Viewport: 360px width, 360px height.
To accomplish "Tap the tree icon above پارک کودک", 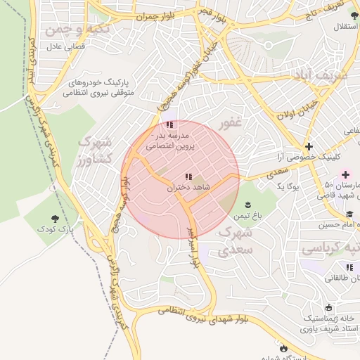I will click(x=56, y=218).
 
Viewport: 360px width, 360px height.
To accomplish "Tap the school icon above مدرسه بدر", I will click(x=170, y=124).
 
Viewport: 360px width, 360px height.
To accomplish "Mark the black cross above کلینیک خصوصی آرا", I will click(x=309, y=146).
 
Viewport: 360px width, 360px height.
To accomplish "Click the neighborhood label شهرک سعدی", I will click(x=235, y=240).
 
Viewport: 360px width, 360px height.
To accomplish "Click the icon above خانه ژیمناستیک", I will click(x=310, y=307).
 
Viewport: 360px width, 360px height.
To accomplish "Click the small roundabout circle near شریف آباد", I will click(x=268, y=46).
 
